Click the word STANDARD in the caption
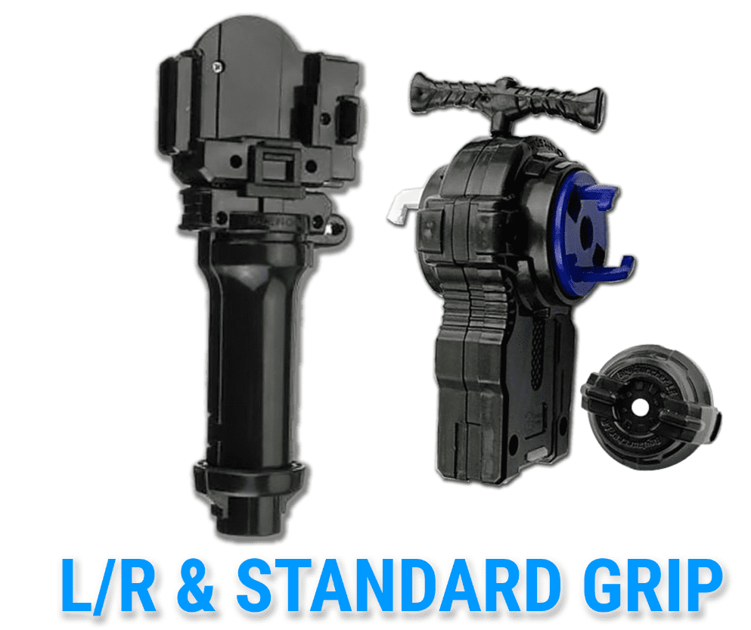pos(399,585)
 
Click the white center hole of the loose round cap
pos(640,407)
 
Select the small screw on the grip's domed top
pos(218,67)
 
